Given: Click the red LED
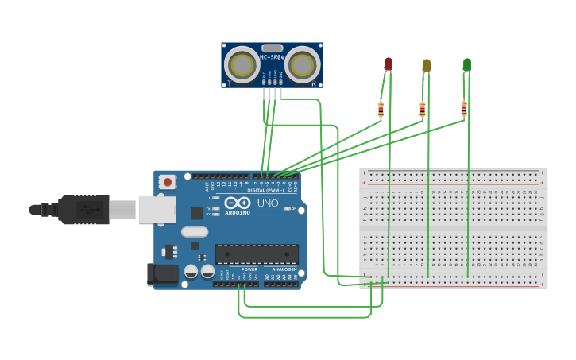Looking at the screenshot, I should coord(388,64).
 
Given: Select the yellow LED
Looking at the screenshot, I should coord(427,65).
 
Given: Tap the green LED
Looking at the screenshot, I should coord(466,64).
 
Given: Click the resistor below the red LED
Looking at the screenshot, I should coord(381,110).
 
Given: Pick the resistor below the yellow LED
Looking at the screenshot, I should coord(422,110).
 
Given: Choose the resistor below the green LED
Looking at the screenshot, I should coord(464,109).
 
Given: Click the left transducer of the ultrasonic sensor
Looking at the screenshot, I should coord(242,64).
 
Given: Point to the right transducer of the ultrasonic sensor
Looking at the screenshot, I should coord(302,64).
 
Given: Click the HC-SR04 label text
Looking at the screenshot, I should coord(272,57).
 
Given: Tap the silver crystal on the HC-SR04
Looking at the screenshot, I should coord(272,48).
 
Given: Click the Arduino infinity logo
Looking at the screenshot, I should coord(238,203).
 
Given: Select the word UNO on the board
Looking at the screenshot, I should coord(268,203).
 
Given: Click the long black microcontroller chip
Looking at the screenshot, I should coord(257,254).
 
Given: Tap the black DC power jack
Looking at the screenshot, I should coord(162,274).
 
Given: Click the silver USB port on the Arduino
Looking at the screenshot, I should coord(157,209).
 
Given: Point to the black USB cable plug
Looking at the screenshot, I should coord(83,209).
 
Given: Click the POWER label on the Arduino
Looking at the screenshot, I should coord(249,269).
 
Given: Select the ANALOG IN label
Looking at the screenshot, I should coord(284,269).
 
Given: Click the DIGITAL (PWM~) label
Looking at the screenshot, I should coord(265,190).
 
